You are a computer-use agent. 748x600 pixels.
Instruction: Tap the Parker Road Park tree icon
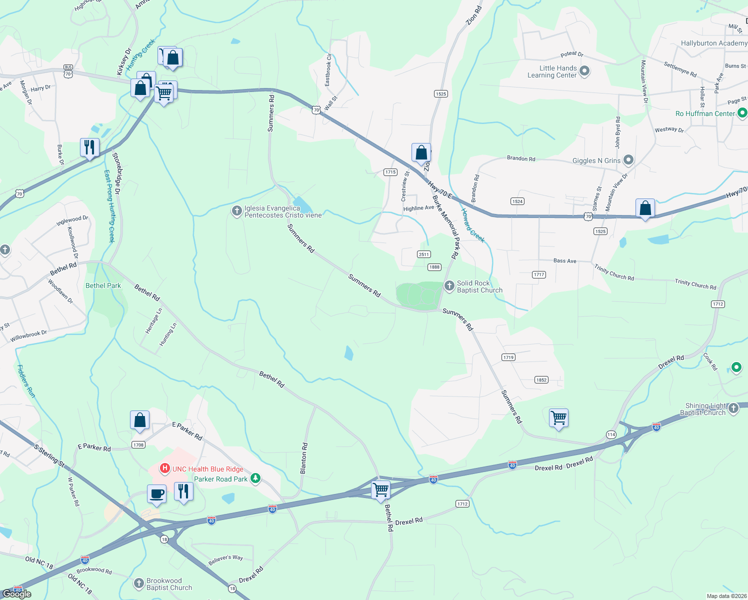[x=255, y=478]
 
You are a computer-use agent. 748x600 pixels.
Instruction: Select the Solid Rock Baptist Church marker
[x=449, y=286]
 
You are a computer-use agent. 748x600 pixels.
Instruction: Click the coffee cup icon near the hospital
[x=156, y=493]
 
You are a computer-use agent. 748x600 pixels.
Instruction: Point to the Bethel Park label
[x=103, y=285]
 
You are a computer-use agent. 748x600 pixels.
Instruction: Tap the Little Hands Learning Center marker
[x=584, y=71]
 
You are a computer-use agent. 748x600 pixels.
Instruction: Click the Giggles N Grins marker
[x=628, y=160]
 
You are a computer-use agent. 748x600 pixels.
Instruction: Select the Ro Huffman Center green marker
[x=742, y=113]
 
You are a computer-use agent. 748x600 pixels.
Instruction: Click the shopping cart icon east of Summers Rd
[x=558, y=417]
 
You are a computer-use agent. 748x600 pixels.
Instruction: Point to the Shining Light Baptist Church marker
[x=733, y=408]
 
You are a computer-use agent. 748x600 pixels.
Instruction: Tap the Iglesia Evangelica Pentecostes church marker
[x=237, y=211]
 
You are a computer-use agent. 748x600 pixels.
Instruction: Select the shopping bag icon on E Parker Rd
[x=140, y=420]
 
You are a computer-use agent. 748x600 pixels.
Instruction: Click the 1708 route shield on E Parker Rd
[x=138, y=444]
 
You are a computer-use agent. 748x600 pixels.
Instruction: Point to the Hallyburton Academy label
[x=713, y=43]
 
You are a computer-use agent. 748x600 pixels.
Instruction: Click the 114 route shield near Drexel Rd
[x=611, y=434]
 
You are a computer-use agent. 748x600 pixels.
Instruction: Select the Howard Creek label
[x=472, y=225]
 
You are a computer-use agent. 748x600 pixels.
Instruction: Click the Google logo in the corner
[x=17, y=593]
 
